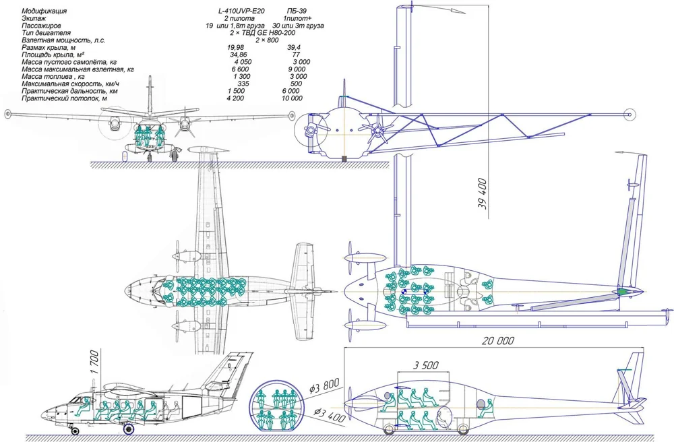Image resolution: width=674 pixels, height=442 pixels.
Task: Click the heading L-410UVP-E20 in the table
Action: pyautogui.click(x=241, y=11)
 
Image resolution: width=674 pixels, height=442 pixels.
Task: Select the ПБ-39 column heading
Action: pyautogui.click(x=297, y=11)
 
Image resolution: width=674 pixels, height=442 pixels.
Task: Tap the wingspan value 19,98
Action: pyautogui.click(x=235, y=48)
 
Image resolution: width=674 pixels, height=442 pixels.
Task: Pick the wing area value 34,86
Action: pyautogui.click(x=238, y=55)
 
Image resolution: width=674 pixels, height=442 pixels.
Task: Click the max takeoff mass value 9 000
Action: pyautogui.click(x=297, y=69)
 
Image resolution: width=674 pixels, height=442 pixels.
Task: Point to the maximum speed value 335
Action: pyautogui.click(x=243, y=84)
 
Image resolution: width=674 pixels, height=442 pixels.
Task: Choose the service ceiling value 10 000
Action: pyautogui.click(x=292, y=98)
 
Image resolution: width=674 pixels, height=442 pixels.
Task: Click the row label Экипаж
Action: pyautogui.click(x=34, y=18)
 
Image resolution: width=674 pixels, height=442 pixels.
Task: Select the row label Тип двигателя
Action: pyautogui.click(x=46, y=33)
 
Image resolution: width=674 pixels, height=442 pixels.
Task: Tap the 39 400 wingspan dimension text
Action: pyautogui.click(x=483, y=194)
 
